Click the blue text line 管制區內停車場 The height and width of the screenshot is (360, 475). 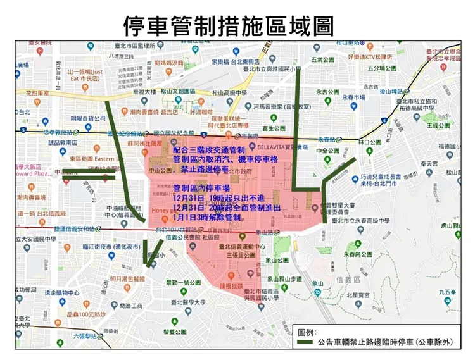point(201,189)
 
